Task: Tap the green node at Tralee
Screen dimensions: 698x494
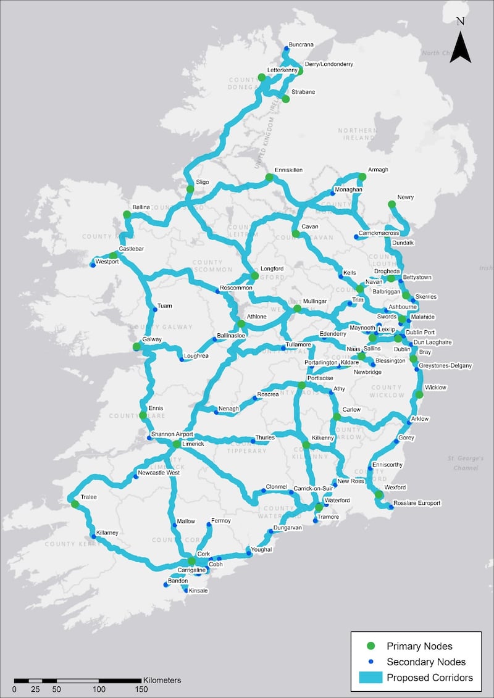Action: tap(75, 504)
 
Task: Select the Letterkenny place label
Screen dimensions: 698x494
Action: tap(282, 70)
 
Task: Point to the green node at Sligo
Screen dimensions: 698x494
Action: tap(190, 189)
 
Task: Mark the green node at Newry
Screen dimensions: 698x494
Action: tap(391, 204)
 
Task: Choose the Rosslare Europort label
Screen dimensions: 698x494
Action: tap(419, 503)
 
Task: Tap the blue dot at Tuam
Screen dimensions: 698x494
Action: tap(155, 310)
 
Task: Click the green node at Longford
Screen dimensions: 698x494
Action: tap(254, 276)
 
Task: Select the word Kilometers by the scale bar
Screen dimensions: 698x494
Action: tap(162, 680)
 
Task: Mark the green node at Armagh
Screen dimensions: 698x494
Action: tap(362, 177)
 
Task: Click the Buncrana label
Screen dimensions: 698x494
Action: tap(301, 44)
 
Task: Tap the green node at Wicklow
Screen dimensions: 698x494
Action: tap(419, 394)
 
